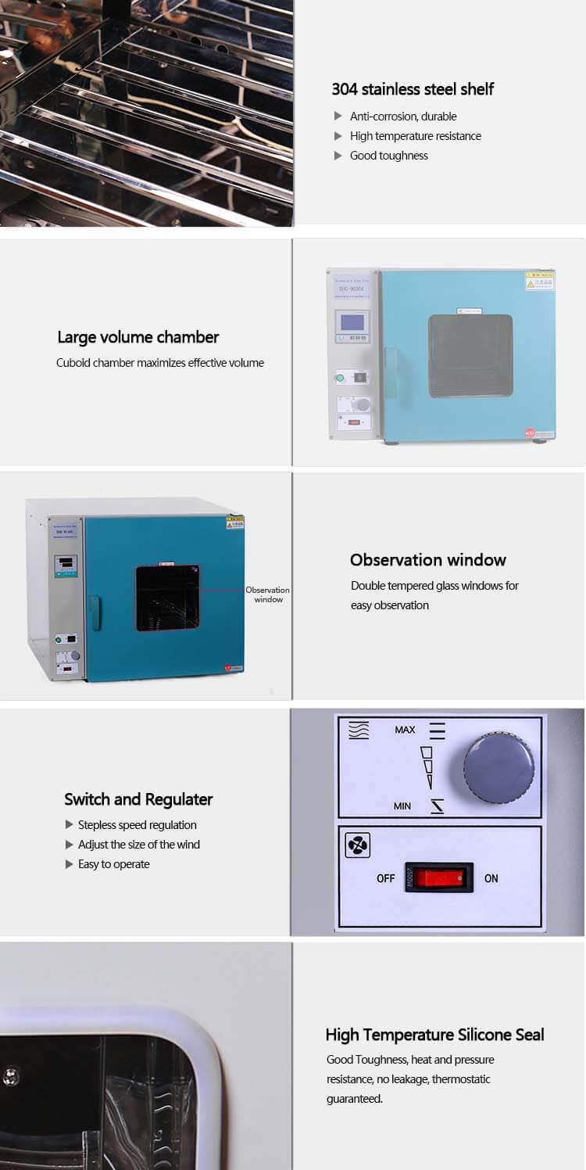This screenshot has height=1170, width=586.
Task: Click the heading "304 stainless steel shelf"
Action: coord(413,89)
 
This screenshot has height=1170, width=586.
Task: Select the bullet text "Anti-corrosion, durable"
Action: coord(403,117)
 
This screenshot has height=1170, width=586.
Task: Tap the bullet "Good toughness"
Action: coord(388,156)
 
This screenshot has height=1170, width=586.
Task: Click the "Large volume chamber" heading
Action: coord(138,337)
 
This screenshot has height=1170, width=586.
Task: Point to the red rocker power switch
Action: coord(438,878)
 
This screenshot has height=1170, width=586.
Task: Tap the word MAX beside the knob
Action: coord(405,730)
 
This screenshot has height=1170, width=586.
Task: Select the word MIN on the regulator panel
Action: coord(402,806)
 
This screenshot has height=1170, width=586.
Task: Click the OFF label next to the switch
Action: coord(386,878)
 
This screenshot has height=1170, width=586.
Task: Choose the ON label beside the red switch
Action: coord(491,878)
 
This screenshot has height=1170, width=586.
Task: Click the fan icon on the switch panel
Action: coord(357,845)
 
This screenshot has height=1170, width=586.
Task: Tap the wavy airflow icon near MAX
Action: coord(359,730)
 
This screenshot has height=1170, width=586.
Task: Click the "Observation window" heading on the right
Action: coord(427,560)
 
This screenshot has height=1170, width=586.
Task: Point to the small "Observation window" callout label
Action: coord(267,594)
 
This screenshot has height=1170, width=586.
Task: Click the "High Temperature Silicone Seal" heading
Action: coord(434,1035)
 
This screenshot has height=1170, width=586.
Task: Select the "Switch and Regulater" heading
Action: coord(138,799)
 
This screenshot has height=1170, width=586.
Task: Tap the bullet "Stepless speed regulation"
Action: coord(137,825)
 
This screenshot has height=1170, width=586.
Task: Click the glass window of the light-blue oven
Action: coord(470,356)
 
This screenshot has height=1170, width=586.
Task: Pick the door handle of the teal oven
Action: coord(94,613)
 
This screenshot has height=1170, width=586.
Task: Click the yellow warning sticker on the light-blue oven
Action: coord(540,281)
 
